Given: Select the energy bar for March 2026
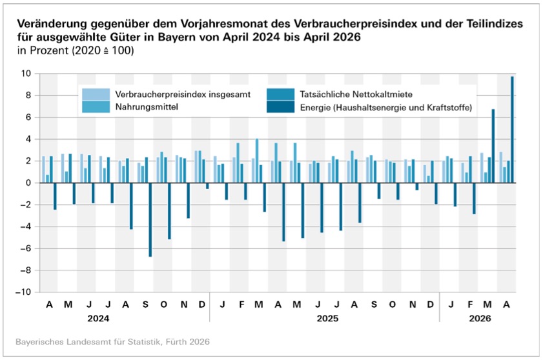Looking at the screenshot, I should tap(493, 146).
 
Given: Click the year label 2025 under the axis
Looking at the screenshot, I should tap(324, 319).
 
